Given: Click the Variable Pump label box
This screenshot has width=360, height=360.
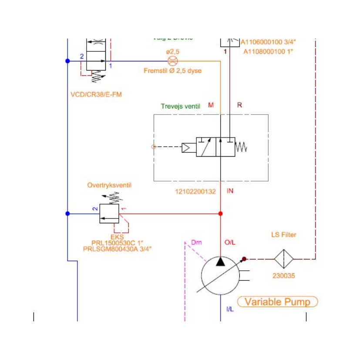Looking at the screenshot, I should point(277,302).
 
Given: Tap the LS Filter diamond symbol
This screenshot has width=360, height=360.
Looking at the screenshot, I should point(283,259).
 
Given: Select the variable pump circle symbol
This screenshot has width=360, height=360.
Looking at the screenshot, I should point(221,276).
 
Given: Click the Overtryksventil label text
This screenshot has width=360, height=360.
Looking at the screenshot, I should point(109,185).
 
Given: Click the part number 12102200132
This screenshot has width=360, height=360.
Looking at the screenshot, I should point(195,191).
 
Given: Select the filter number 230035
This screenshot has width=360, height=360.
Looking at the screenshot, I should point(283,276).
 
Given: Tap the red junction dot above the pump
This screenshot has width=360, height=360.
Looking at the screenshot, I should point(221,214).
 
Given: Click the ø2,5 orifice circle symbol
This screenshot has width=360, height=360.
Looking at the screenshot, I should point(172,61).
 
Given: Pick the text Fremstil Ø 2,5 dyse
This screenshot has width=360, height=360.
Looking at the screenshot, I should point(173,71).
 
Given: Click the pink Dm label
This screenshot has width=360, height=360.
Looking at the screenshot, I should point(196,242).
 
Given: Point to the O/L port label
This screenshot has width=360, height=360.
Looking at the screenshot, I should point(230,242).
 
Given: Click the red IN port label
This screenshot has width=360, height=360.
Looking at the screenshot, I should point(230,191).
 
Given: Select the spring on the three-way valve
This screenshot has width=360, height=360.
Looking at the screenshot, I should point(241,148).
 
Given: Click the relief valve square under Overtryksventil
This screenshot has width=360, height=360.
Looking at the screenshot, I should point(109,214).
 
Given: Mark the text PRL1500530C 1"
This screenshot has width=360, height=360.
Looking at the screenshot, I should point(117,243).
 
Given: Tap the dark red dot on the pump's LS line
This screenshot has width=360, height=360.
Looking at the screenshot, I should point(244,259).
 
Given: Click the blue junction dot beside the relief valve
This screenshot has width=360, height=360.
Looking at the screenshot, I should point(67,214).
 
